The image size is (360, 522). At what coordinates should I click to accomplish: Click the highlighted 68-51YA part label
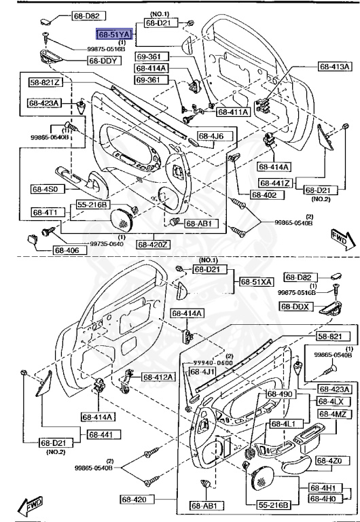pos(113,33)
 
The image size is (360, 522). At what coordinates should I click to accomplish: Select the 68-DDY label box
pos(103,60)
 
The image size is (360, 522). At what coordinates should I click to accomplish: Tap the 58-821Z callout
pos(46,82)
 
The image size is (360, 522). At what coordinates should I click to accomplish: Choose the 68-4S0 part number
pos(46,190)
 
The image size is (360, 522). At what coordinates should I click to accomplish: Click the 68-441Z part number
pos(275,184)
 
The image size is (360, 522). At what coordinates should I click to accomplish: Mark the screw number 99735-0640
pos(89,243)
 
